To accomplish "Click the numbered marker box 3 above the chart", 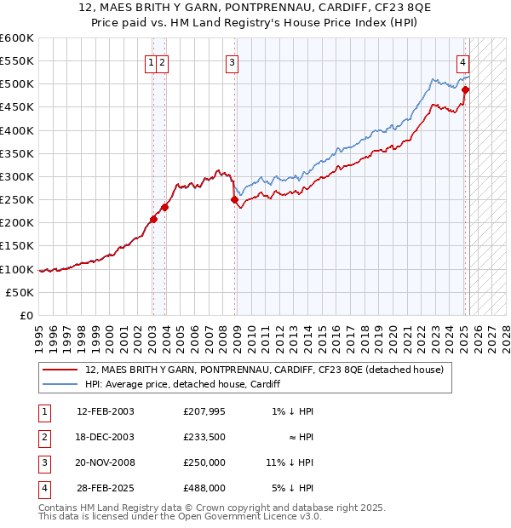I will tap(232, 61).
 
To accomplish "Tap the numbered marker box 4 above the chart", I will tap(462, 61).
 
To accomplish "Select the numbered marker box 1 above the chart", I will tap(151, 61).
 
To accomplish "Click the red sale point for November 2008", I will tap(234, 200).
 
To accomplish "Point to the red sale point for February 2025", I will tap(466, 89).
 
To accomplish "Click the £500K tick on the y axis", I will tap(17, 84).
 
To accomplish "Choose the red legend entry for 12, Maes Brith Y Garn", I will tap(264, 370).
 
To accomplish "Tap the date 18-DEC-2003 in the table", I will tap(106, 437).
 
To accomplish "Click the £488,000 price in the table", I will tap(204, 488).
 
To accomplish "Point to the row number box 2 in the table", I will tap(43, 437).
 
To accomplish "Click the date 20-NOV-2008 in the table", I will tap(106, 462).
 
